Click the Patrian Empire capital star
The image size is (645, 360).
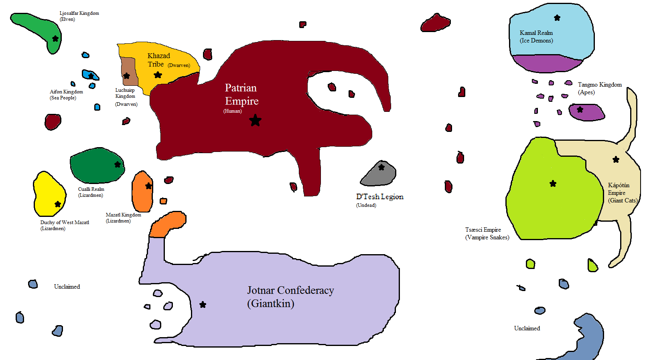point(255,120)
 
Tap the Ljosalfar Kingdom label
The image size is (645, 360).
point(79,16)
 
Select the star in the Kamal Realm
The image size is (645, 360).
point(557,18)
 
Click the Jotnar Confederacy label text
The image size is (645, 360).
point(290,297)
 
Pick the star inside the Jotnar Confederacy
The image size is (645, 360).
point(203,304)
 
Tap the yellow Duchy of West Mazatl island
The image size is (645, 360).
point(49,194)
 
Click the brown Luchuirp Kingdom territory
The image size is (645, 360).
point(128,72)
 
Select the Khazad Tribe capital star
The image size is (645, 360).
point(158,75)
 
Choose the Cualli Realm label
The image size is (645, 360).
point(91,192)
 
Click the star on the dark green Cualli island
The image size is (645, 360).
point(118,165)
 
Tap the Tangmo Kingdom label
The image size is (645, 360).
point(600,88)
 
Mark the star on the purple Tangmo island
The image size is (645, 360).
point(580,109)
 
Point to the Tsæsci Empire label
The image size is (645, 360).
point(487,233)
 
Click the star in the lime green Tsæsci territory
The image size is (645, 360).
point(553,184)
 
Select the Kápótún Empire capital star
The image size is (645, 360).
point(616,160)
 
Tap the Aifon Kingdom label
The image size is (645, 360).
point(66,95)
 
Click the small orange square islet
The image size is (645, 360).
point(163,201)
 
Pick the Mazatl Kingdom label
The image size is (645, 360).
point(123,218)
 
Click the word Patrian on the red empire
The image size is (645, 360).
point(241,88)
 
